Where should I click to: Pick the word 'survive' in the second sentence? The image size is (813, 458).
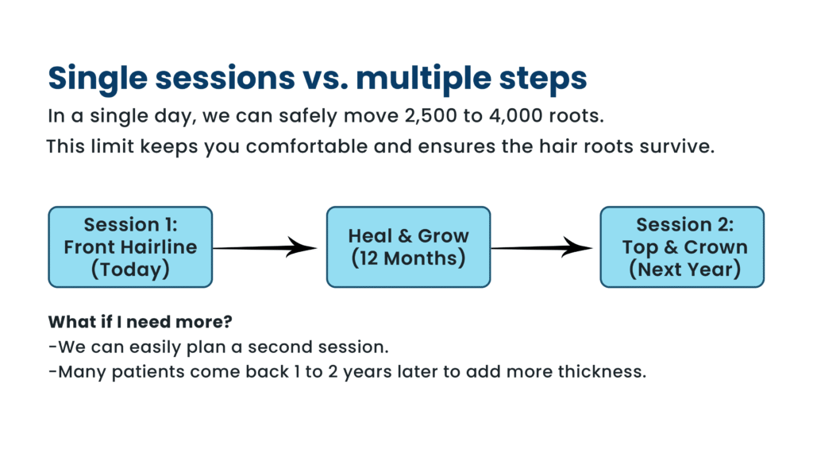(x=675, y=147)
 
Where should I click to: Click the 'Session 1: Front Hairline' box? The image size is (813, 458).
(x=130, y=246)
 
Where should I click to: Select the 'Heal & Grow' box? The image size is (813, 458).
(x=408, y=246)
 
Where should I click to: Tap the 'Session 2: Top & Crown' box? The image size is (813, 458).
(x=682, y=246)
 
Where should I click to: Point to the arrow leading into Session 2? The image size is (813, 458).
(x=545, y=248)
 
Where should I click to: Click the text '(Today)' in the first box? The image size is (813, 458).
(x=130, y=269)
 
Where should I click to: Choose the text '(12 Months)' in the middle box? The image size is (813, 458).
(x=408, y=258)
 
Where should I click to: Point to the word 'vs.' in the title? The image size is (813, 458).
(x=324, y=78)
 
